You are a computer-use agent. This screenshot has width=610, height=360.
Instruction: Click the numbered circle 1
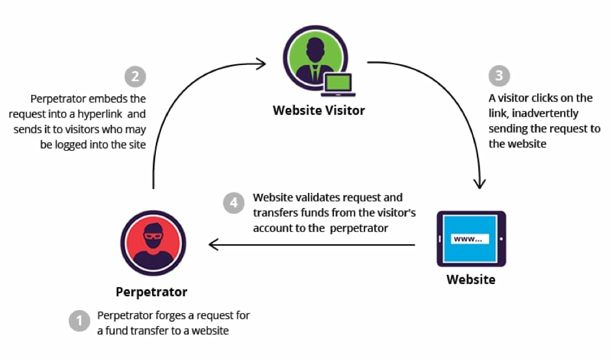point(79,321)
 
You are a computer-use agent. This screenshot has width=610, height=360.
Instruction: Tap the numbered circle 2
point(135,76)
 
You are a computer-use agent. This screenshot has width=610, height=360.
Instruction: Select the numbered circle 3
point(499,75)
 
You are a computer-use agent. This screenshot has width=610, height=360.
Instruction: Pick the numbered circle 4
point(234,203)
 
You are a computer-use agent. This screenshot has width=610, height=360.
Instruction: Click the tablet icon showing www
point(471,238)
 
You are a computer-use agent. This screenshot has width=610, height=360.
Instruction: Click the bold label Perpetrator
point(151,291)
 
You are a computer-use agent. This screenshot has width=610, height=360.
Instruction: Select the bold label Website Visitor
point(318,110)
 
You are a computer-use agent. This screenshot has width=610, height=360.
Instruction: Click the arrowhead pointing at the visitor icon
point(261,64)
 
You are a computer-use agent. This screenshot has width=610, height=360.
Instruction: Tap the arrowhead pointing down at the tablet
point(479,183)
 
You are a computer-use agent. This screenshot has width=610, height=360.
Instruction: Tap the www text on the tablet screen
point(468,238)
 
